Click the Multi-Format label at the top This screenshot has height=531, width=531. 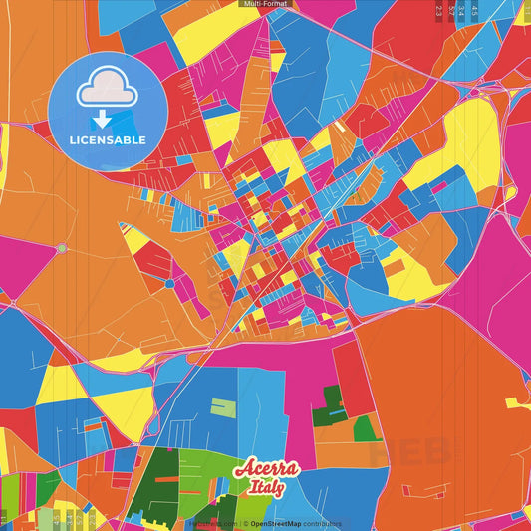(265, 4)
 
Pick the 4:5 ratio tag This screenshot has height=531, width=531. (474, 12)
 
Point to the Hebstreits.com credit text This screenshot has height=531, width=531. (210, 523)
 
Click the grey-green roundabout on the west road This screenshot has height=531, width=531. (62, 248)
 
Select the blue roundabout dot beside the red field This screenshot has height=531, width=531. (169, 284)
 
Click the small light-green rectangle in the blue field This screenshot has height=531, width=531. (223, 408)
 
